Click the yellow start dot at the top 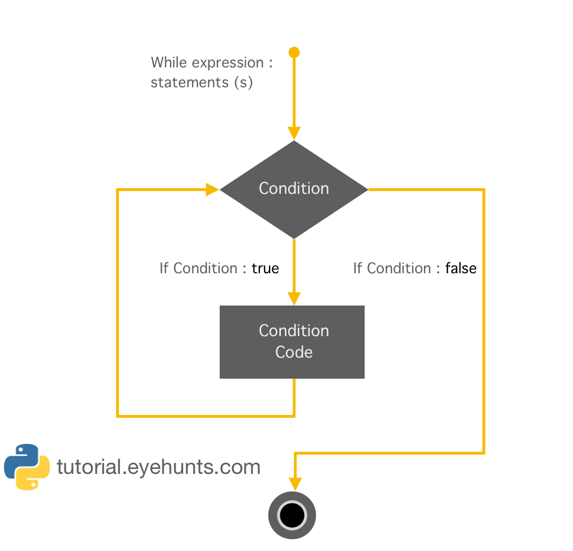(294, 53)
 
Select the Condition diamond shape (294, 189)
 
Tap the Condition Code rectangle (292, 342)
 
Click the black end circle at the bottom (292, 515)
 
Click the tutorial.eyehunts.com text (159, 467)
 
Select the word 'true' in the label (265, 268)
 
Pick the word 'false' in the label (460, 268)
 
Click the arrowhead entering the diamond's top (294, 133)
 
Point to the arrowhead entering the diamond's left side (213, 189)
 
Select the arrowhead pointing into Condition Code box (294, 299)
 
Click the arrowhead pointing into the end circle (294, 484)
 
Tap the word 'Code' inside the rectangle (294, 352)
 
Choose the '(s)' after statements (243, 82)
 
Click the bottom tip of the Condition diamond (294, 237)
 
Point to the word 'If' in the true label (164, 268)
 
